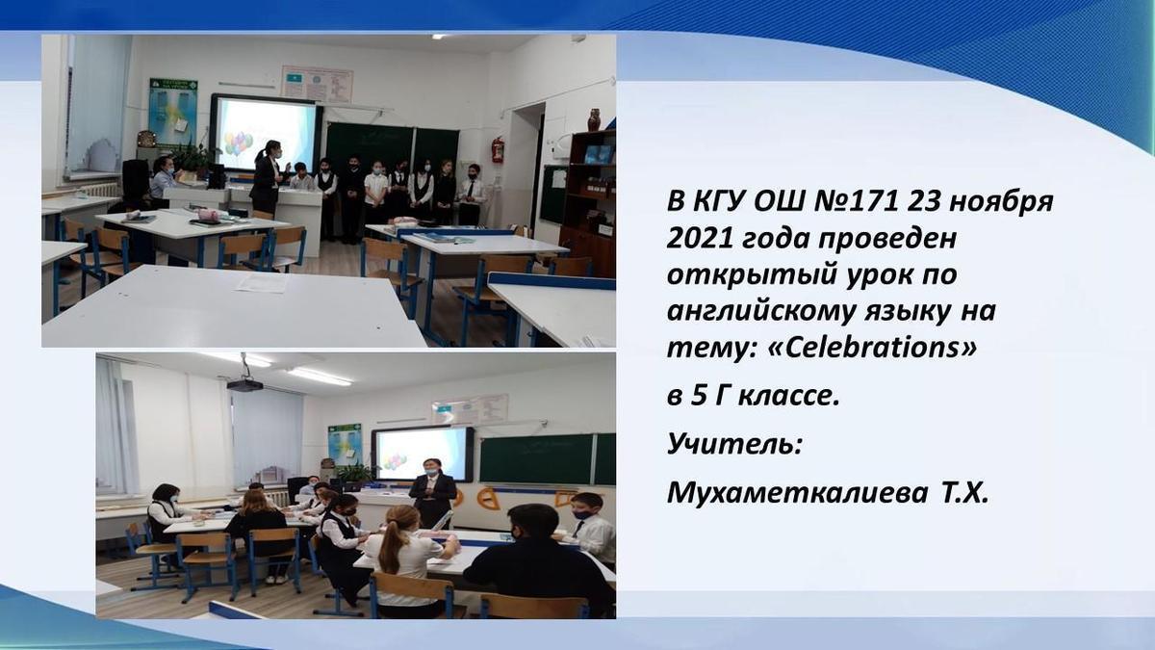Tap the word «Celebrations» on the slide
click(872, 349)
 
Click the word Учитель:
click(734, 444)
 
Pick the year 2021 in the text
click(699, 239)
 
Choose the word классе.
click(789, 397)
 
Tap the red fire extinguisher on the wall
click(498, 149)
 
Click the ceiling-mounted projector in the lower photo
click(244, 384)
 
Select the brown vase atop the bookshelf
click(594, 119)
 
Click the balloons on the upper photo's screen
click(239, 143)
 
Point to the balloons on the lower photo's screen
click(395, 461)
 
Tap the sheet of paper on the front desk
click(262, 283)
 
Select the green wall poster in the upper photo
click(173, 112)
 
